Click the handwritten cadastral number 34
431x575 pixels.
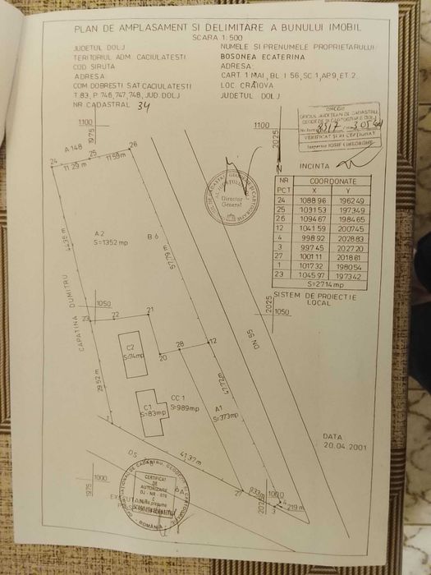click(x=144, y=105)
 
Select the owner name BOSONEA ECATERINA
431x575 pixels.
click(x=263, y=58)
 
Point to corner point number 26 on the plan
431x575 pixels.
click(x=132, y=145)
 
